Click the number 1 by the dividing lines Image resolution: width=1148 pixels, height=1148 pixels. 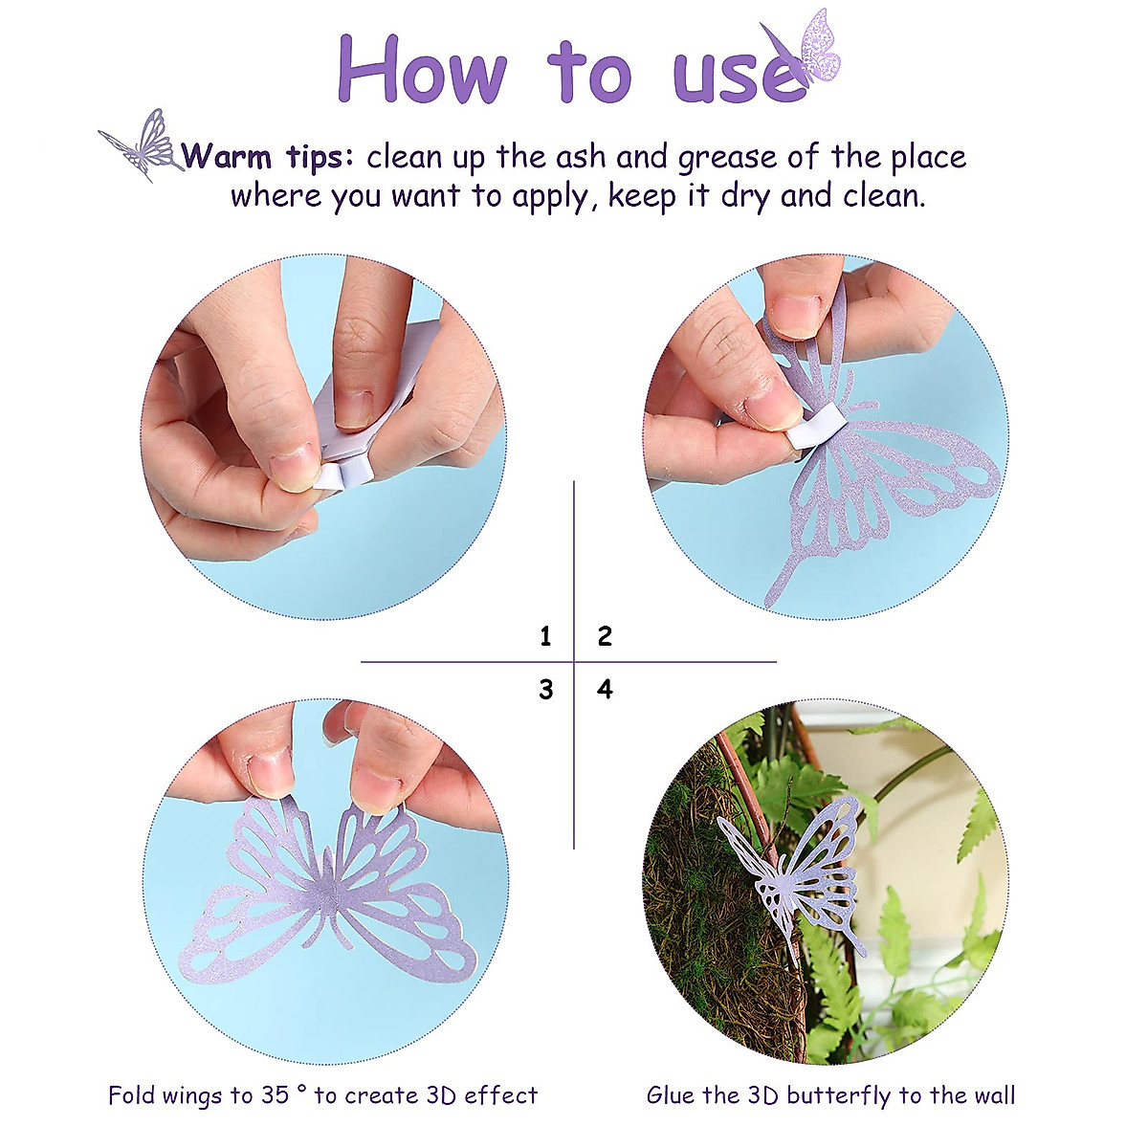click(545, 636)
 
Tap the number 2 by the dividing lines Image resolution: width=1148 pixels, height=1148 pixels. click(605, 636)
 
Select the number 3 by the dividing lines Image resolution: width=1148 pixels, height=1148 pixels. click(545, 689)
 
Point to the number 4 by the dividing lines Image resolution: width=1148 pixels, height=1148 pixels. click(605, 689)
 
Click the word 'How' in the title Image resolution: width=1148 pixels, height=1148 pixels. click(422, 69)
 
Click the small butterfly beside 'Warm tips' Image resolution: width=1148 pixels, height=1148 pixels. click(143, 144)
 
